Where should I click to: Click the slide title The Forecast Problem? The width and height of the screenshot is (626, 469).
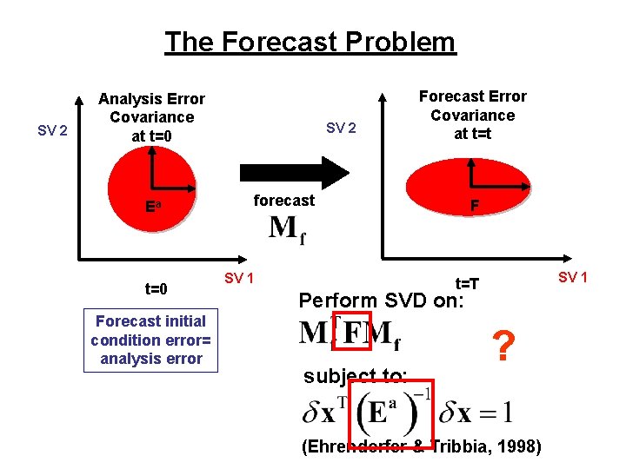pos(310,42)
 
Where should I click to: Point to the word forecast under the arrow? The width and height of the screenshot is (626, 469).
pos(283,201)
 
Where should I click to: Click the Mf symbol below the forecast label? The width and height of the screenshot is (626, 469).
pos(287,230)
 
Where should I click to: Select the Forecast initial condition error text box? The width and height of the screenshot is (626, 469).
pos(150,340)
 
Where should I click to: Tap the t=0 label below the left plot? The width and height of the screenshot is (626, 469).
pos(156,288)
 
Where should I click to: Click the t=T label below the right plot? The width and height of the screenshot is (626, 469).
pos(469,284)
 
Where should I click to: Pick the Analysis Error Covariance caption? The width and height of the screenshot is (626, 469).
pos(151,117)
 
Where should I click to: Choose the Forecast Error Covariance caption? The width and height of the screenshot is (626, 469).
pos(472,115)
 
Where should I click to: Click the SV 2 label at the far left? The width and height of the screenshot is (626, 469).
pos(53,131)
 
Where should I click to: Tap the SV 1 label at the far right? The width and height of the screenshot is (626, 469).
pos(573,277)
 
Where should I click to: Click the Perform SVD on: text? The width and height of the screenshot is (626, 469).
pos(382,301)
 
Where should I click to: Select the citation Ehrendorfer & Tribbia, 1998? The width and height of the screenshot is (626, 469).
pos(421,447)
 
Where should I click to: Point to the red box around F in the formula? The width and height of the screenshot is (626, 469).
pos(353,331)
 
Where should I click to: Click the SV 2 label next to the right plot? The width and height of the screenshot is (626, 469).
pos(341,129)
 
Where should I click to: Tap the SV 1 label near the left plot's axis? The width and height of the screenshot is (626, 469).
pos(239,278)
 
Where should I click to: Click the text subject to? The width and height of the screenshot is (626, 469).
pos(355,377)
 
